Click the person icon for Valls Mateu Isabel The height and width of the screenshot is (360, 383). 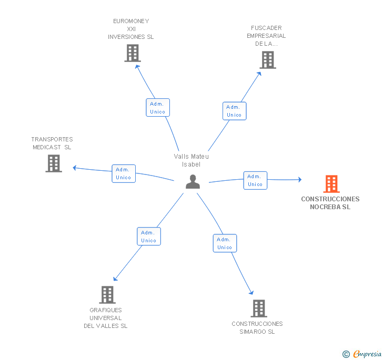(193, 182)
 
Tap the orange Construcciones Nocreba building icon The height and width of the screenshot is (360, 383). (331, 184)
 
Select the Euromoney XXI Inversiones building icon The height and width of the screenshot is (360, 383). (133, 53)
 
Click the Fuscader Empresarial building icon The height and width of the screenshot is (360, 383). (268, 60)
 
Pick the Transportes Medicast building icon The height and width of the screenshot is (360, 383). (54, 163)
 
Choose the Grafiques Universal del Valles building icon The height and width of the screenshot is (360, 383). (107, 295)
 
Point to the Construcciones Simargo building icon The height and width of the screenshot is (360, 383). (258, 308)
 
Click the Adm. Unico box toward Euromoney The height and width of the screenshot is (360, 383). (157, 108)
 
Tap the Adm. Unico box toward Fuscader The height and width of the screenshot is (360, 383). (234, 111)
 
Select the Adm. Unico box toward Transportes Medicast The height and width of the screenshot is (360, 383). (124, 173)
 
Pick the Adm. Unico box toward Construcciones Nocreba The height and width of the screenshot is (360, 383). (255, 180)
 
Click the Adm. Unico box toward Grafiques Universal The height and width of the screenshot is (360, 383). (148, 236)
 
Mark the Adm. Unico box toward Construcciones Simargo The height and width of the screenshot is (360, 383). (225, 243)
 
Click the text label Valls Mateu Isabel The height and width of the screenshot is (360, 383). (191, 160)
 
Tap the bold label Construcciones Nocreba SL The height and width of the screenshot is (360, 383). (330, 203)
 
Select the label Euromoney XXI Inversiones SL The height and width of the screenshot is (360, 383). (131, 29)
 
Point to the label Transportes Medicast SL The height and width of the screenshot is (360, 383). (52, 143)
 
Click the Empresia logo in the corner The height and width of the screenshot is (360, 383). (362, 354)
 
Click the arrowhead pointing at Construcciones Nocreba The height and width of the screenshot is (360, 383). (300, 180)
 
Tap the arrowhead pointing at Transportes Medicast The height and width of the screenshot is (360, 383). (75, 168)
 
